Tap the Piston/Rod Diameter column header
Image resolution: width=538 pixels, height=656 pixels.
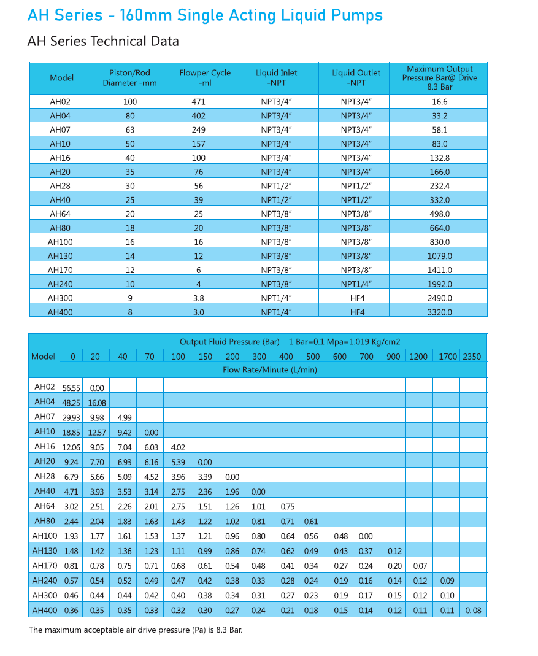(x=129, y=78)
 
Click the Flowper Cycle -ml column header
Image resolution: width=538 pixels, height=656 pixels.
(x=205, y=78)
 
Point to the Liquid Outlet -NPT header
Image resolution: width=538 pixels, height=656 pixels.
(x=356, y=78)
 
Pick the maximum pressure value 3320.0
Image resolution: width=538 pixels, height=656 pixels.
(x=439, y=312)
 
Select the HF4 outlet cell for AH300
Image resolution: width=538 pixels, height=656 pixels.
(x=356, y=298)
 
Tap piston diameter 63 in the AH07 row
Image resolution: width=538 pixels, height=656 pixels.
(x=129, y=130)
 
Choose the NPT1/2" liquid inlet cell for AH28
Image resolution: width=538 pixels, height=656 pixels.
(x=276, y=186)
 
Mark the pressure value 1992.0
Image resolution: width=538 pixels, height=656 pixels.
(x=439, y=284)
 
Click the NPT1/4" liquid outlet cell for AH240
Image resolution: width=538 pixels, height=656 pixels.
(x=356, y=284)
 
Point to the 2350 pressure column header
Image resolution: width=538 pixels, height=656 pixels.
(x=472, y=357)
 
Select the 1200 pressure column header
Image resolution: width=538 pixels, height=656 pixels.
(x=418, y=357)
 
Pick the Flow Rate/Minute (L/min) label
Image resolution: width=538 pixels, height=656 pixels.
(x=270, y=370)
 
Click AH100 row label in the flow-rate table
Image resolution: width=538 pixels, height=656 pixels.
(x=44, y=536)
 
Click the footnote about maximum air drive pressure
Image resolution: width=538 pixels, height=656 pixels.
(x=136, y=630)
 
